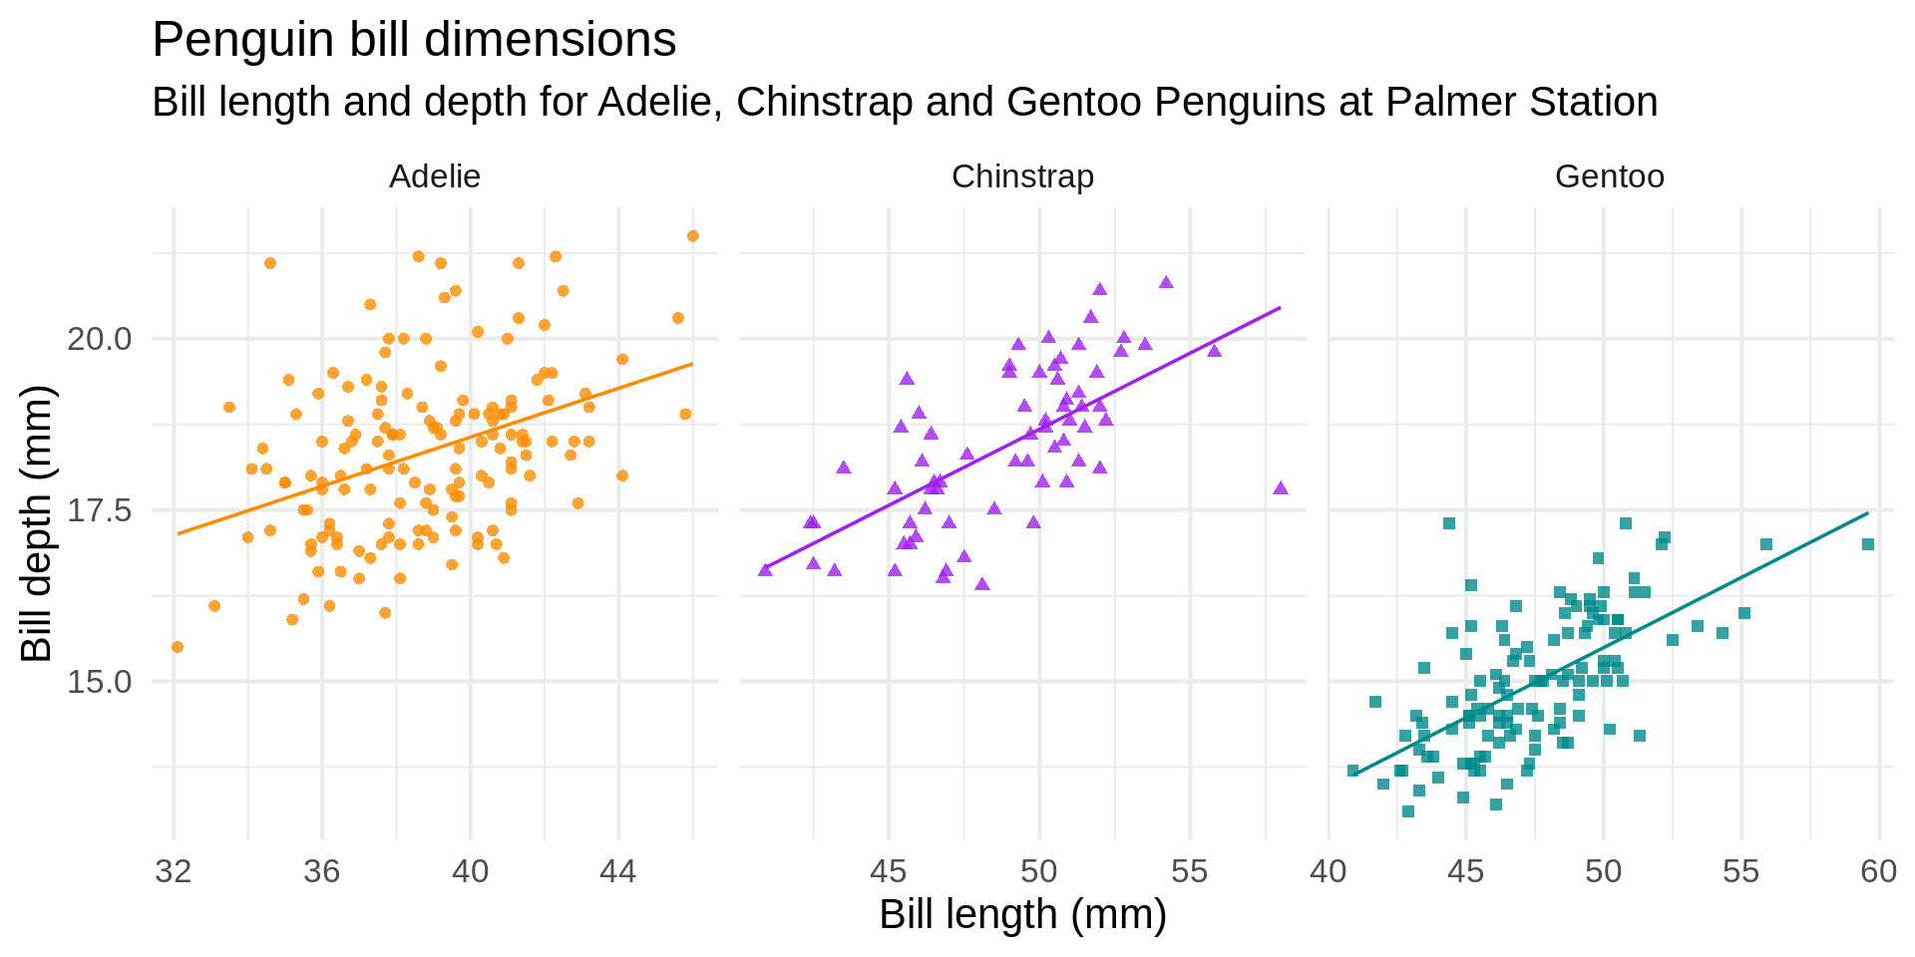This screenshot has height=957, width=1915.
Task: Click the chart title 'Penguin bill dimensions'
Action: pos(414,41)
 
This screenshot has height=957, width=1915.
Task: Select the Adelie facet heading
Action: pos(435,176)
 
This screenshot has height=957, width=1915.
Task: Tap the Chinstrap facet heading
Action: pos(1022,176)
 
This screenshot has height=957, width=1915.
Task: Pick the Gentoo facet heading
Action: pos(1609,176)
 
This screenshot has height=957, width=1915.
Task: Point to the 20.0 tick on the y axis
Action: pos(99,339)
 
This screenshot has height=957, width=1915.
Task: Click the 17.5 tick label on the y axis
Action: pos(99,510)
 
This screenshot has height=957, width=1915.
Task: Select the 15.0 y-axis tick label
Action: pos(99,682)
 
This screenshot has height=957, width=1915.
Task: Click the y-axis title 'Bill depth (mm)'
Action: pos(38,523)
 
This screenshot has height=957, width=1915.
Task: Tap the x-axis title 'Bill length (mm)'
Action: pos(1022,914)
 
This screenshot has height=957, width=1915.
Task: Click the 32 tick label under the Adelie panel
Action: pos(174,872)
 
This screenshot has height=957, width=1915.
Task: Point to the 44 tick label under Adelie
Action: pos(618,872)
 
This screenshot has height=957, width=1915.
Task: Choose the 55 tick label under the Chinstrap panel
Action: pos(1189,872)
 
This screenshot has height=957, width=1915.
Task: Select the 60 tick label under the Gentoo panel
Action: pos(1879,872)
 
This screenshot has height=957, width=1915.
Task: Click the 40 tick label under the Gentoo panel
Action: pos(1329,872)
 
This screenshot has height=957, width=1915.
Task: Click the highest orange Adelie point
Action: pos(693,236)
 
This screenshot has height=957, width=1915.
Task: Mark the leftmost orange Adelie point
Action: pos(178,647)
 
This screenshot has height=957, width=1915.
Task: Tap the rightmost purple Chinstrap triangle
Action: pos(1281,488)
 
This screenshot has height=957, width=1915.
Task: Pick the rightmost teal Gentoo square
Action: pos(1868,544)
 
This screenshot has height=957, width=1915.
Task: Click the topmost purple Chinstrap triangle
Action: pos(1166,283)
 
